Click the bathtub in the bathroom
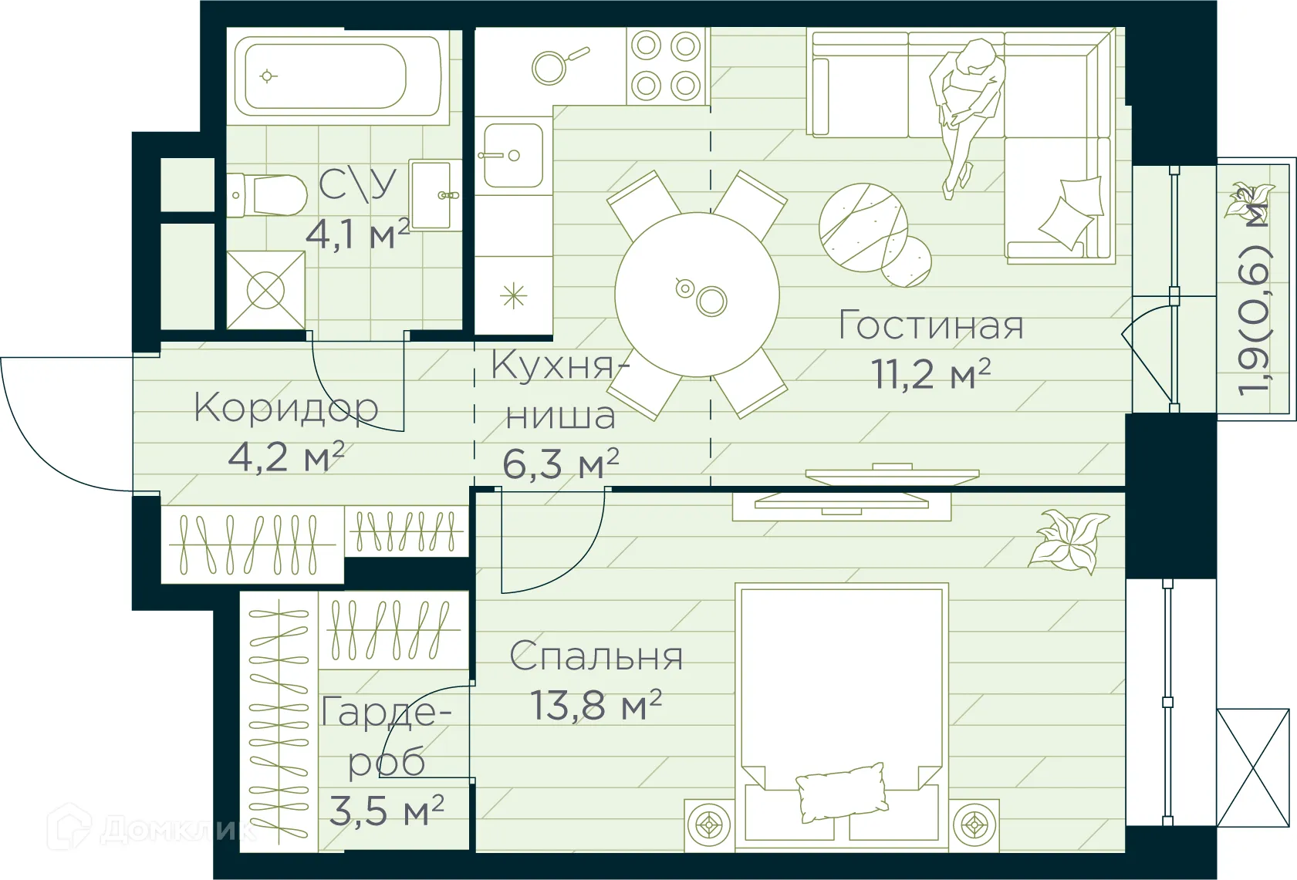pyautogui.click(x=338, y=76)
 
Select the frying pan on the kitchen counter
pyautogui.click(x=552, y=66)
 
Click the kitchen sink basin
pyautogui.click(x=513, y=155)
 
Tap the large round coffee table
pyautogui.click(x=863, y=227)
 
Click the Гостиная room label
pyautogui.click(x=931, y=325)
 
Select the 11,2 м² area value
pyautogui.click(x=931, y=375)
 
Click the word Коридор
pyautogui.click(x=286, y=408)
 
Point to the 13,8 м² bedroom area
pyautogui.click(x=596, y=705)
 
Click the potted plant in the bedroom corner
pyautogui.click(x=1069, y=541)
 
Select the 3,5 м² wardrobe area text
pyautogui.click(x=387, y=811)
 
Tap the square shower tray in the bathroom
pyautogui.click(x=265, y=291)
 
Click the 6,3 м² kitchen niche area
pyautogui.click(x=560, y=464)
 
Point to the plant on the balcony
pyautogui.click(x=1249, y=200)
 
